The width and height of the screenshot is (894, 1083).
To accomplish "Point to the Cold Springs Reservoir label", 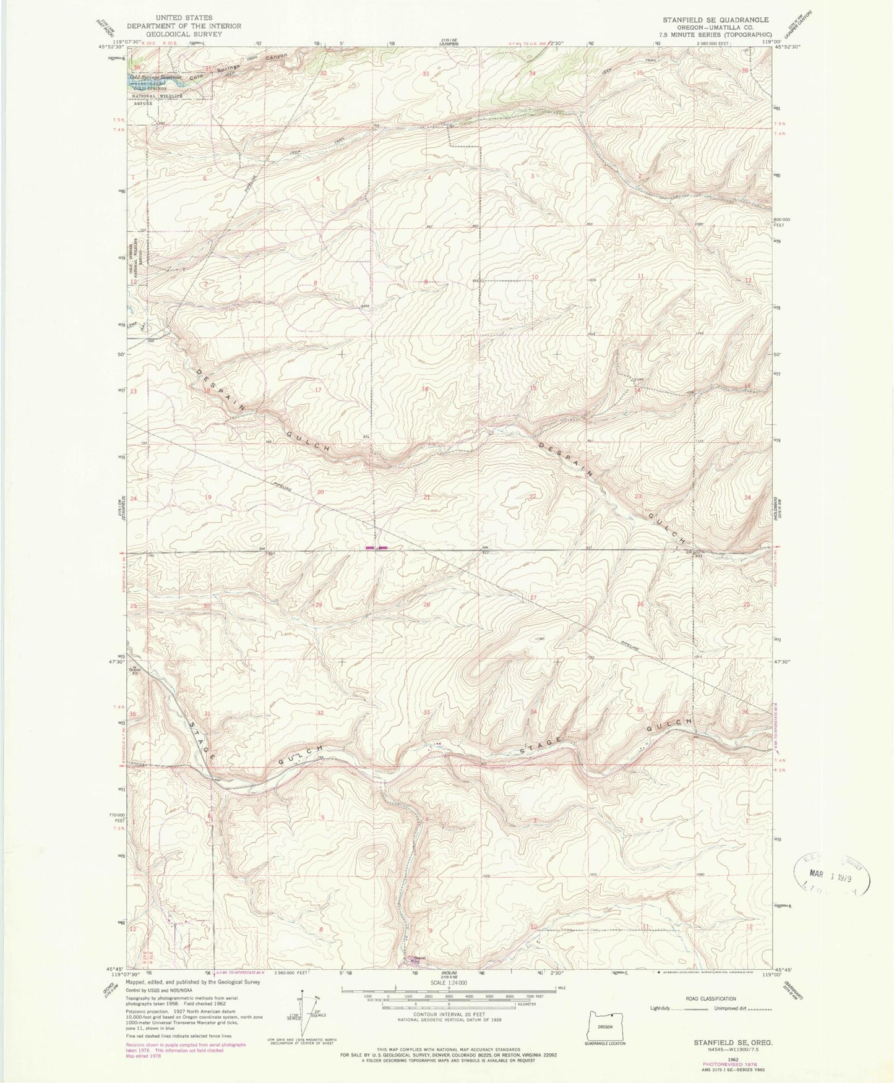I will point(155,77).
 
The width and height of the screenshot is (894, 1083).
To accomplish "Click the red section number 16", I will point(426,389).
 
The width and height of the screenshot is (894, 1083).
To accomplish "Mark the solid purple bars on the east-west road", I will point(376,547).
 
